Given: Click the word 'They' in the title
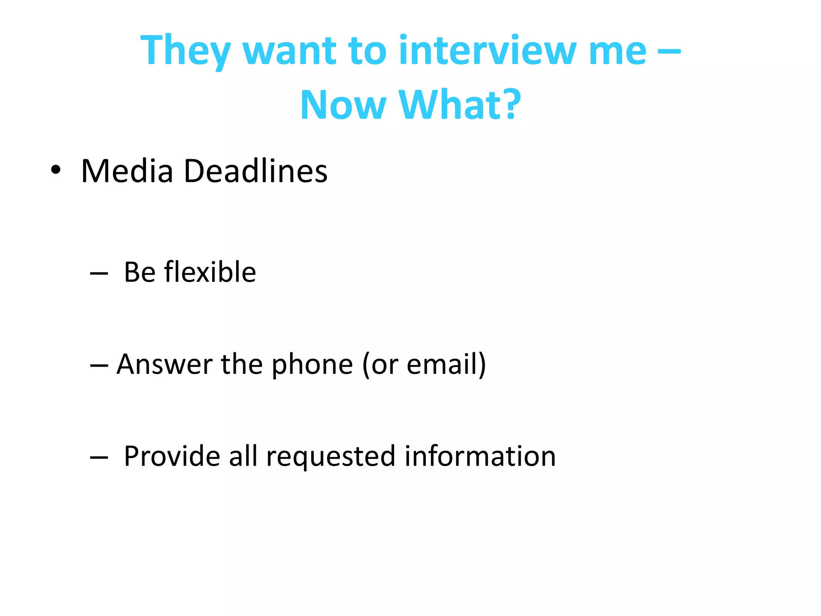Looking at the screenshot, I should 185,51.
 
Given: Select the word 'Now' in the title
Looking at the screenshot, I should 343,105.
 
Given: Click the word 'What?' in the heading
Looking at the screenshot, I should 460,105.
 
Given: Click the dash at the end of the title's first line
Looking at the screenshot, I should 669,51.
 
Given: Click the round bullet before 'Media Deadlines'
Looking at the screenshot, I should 56,170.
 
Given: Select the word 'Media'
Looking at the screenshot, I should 127,171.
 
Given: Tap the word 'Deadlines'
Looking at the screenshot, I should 255,171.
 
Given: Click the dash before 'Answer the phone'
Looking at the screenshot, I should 99,365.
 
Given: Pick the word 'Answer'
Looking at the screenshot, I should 164,364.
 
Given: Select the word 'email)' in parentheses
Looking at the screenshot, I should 446,364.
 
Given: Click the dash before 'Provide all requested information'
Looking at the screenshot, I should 99,457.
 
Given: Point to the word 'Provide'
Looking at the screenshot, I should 172,456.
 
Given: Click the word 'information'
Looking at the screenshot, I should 480,456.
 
